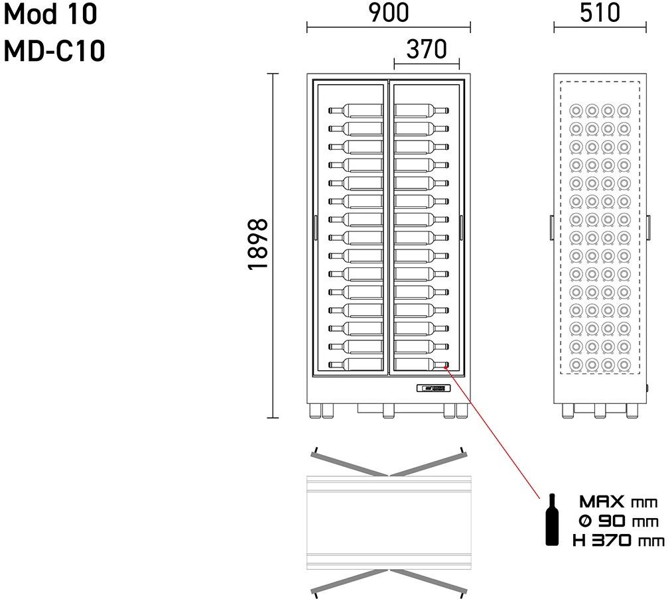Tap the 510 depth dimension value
click(x=600, y=13)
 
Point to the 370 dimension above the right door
click(x=427, y=49)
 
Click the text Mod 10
click(x=51, y=14)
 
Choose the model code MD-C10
click(x=55, y=50)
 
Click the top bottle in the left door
click(x=355, y=110)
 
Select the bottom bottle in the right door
click(x=421, y=364)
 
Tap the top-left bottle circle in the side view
click(x=576, y=110)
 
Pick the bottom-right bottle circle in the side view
click(x=623, y=364)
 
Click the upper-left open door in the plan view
click(x=349, y=464)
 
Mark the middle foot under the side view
click(x=600, y=411)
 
